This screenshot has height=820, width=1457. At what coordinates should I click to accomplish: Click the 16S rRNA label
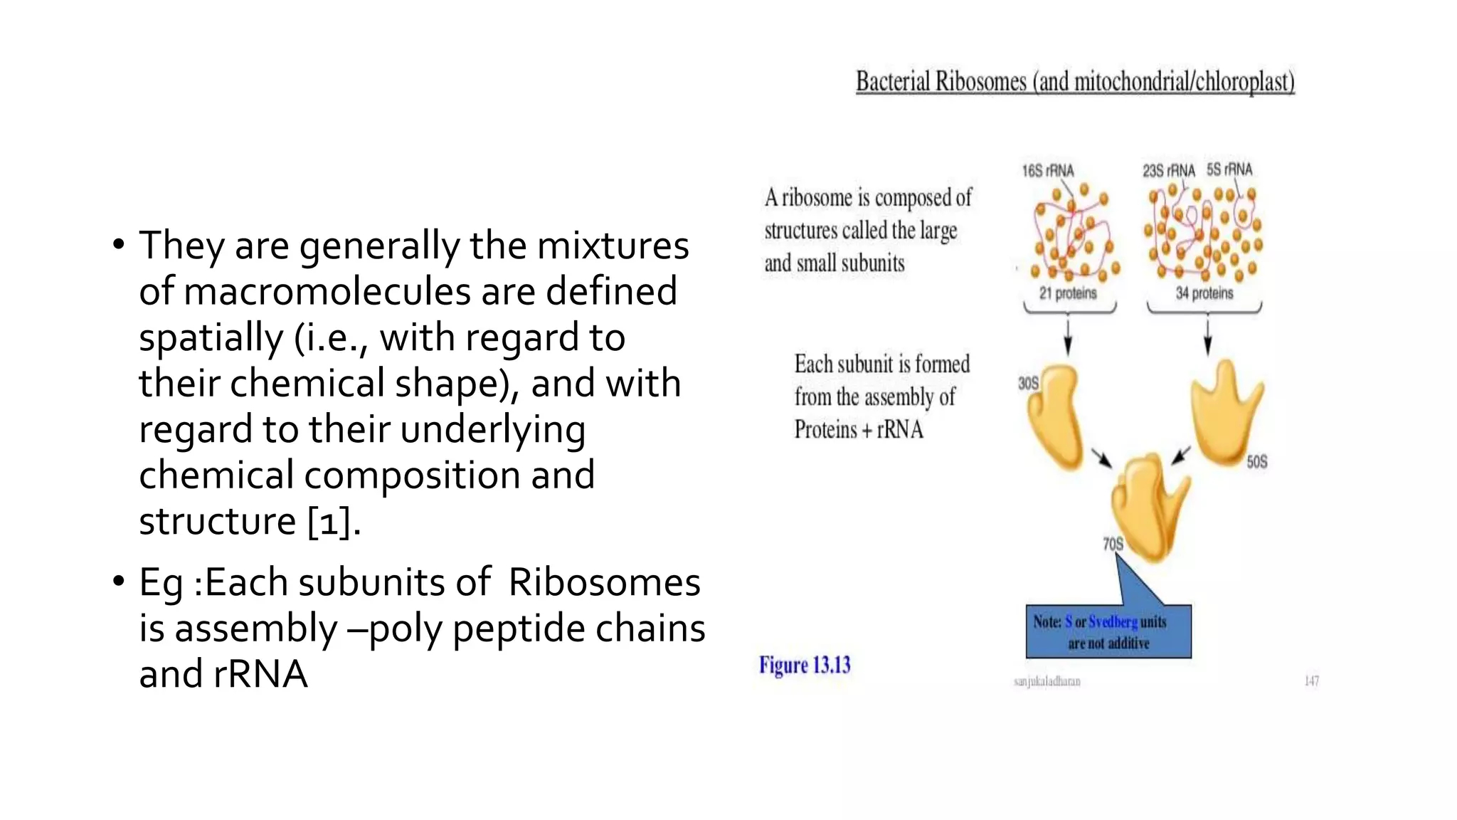[1047, 171]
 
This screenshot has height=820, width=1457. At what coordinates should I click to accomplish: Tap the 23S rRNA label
[1168, 171]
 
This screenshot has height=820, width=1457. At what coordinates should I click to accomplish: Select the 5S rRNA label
[1229, 169]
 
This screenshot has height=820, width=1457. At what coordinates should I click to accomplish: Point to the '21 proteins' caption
[1068, 293]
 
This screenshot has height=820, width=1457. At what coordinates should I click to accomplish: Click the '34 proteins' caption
[1204, 293]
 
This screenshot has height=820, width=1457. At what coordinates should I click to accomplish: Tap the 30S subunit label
[1028, 384]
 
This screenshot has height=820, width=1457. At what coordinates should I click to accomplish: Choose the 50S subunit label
[1256, 462]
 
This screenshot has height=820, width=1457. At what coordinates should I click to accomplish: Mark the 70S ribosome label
[1113, 545]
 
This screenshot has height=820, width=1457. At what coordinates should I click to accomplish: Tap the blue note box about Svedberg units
[1108, 631]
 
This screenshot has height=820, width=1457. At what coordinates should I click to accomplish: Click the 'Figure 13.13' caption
[805, 665]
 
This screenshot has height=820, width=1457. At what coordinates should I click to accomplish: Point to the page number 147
[1311, 681]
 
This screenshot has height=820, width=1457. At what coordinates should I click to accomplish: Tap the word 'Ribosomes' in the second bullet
[604, 582]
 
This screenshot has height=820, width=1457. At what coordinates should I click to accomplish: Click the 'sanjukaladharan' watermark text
[1047, 681]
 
